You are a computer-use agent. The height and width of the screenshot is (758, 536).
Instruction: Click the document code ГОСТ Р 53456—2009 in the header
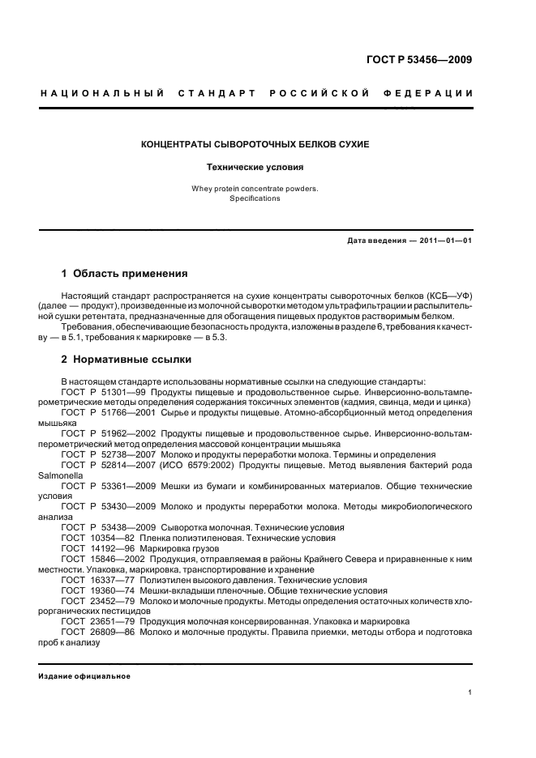tap(420, 60)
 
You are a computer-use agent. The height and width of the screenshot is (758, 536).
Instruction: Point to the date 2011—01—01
tap(445, 241)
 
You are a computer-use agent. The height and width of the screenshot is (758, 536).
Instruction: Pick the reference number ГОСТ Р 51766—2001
tap(109, 412)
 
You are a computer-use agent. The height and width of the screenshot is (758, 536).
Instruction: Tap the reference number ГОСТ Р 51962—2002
tap(109, 433)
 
